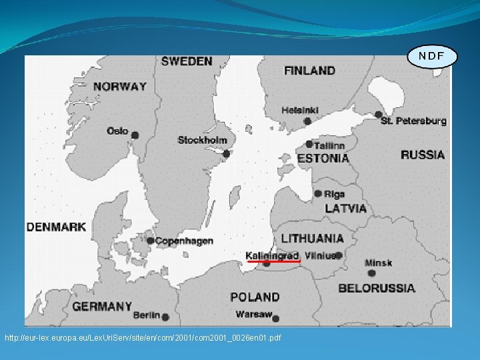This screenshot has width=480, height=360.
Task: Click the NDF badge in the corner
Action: (x=432, y=56)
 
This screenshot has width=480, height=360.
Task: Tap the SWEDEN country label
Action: (x=187, y=61)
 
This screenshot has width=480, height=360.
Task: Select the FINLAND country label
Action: (x=309, y=70)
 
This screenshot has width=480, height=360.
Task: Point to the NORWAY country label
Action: (x=120, y=86)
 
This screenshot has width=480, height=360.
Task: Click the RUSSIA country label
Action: (x=423, y=155)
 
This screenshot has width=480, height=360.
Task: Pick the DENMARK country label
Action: (x=56, y=227)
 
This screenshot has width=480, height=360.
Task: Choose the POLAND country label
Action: (x=255, y=297)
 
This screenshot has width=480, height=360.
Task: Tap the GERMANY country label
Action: (x=102, y=307)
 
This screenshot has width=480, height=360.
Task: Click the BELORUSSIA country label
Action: (x=377, y=289)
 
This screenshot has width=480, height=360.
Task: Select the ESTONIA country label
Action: (x=323, y=159)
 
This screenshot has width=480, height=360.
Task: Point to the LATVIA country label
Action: (x=345, y=209)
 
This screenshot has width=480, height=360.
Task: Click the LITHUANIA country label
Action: (x=313, y=238)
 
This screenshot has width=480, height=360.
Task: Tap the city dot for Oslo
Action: (x=135, y=135)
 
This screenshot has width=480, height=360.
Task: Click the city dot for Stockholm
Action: (x=227, y=154)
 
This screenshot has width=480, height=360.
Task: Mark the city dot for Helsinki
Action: (x=307, y=121)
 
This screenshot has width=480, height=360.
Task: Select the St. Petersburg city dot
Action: (x=379, y=115)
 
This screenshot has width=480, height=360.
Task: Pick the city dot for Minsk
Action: (x=371, y=273)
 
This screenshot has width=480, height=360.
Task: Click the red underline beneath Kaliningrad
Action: (x=274, y=262)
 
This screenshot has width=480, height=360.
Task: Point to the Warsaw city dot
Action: (x=276, y=319)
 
